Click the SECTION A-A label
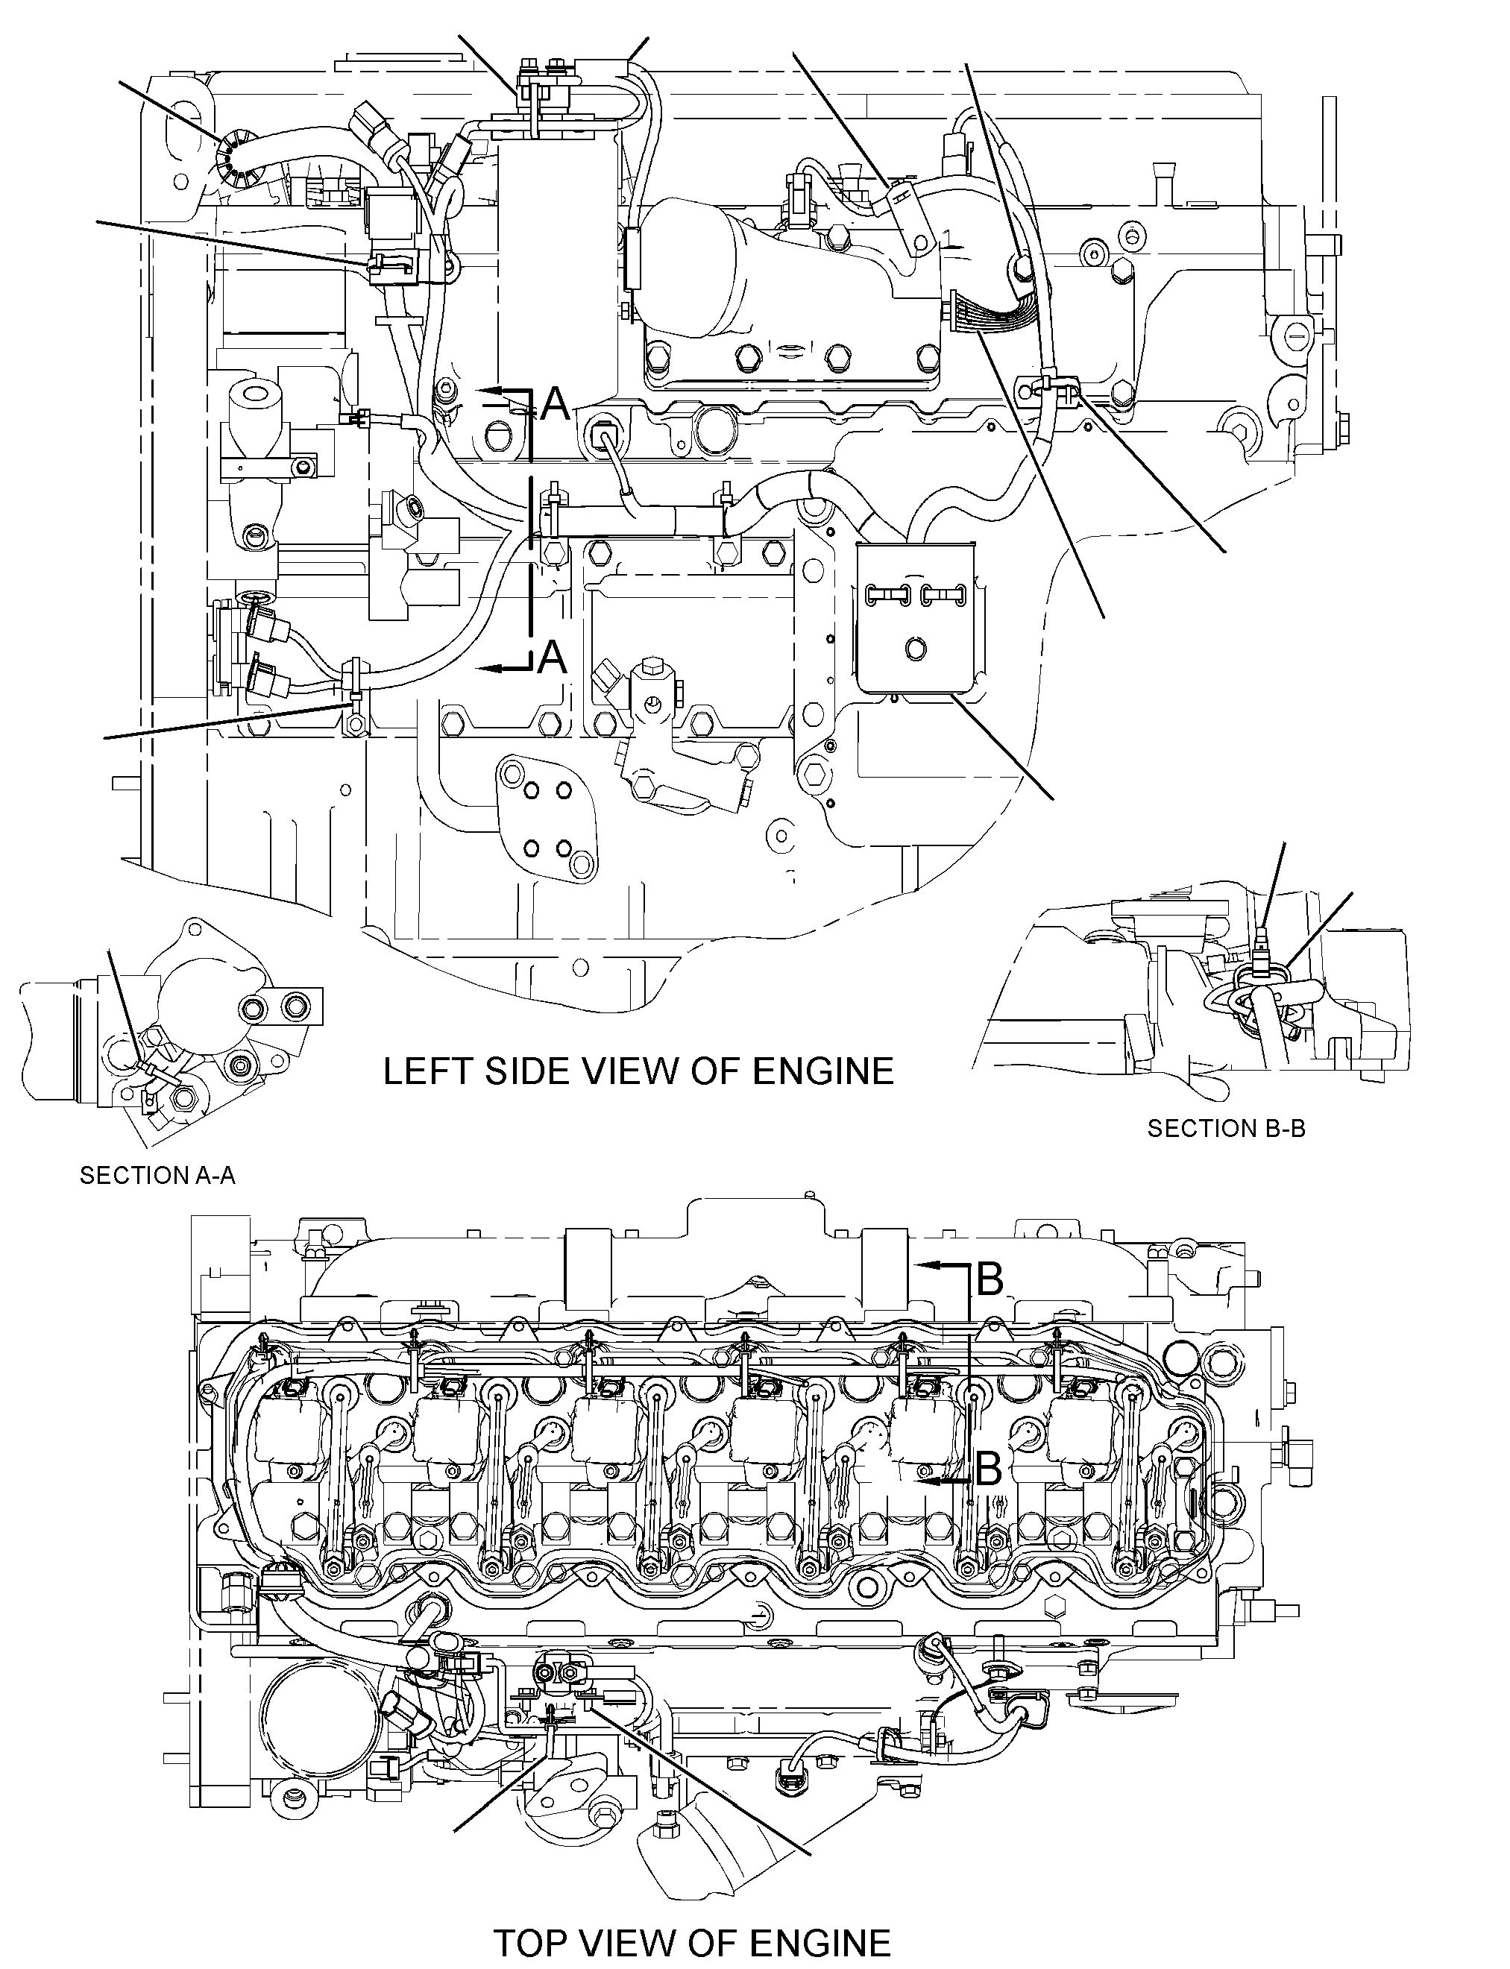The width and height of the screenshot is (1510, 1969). (x=158, y=1176)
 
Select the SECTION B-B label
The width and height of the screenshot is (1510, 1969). (x=1226, y=1129)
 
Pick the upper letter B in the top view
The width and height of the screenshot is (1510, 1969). (x=990, y=1279)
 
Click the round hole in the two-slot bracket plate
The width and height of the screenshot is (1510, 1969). (x=916, y=647)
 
